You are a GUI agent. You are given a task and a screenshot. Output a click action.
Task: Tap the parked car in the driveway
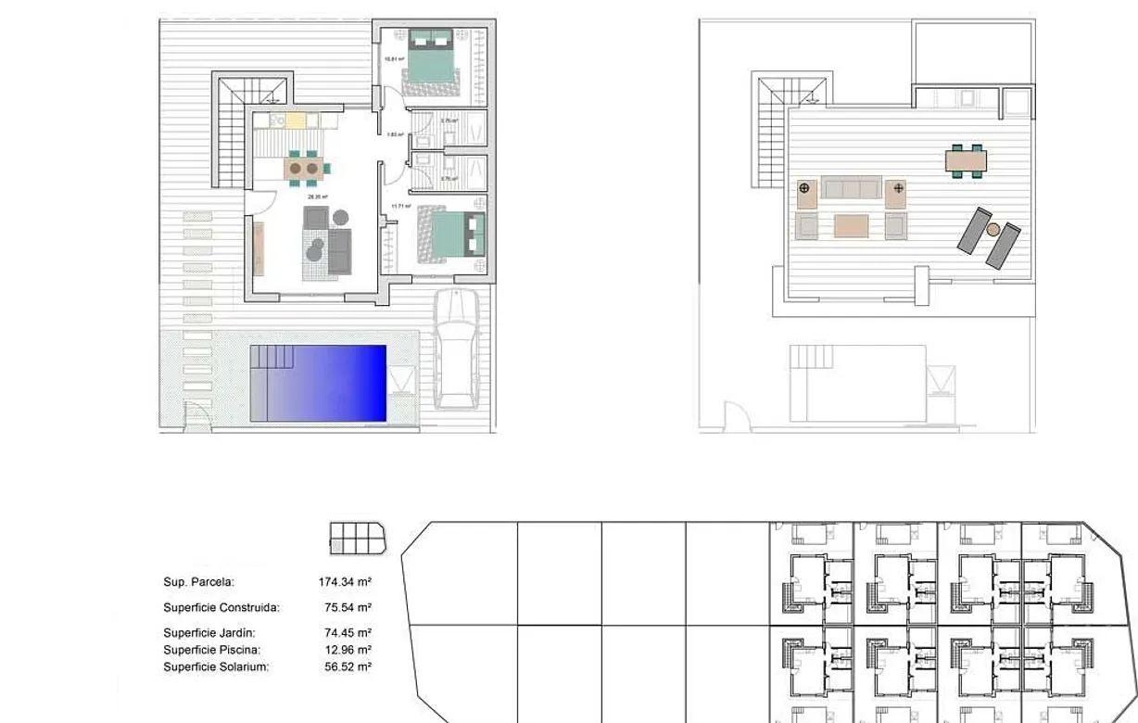[457, 349]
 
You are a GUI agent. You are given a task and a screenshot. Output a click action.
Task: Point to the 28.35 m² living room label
[318, 197]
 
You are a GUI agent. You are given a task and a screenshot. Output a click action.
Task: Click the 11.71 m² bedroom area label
[400, 206]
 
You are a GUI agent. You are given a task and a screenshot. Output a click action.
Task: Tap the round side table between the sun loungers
[993, 229]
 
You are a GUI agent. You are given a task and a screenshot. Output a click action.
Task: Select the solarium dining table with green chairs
[966, 161]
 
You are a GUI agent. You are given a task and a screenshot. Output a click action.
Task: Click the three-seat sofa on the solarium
[850, 188]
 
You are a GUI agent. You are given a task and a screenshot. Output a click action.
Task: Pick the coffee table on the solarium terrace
[851, 226]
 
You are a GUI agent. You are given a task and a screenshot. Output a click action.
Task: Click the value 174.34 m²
[345, 582]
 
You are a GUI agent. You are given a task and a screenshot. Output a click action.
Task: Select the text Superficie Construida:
[221, 608]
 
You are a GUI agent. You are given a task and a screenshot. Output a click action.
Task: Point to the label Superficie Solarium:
[216, 666]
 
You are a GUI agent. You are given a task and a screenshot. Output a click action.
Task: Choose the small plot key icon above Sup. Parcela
[357, 538]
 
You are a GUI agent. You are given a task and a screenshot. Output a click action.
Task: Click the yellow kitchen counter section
[296, 120]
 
